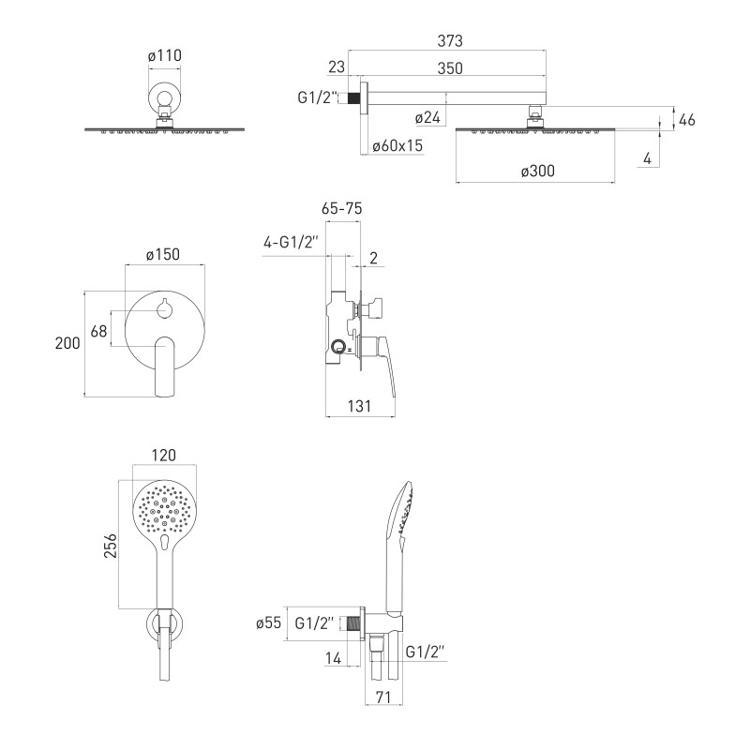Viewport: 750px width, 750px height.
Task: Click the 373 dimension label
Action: click(450, 41)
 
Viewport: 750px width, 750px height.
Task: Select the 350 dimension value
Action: click(450, 68)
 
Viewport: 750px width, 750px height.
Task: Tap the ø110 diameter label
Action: click(165, 55)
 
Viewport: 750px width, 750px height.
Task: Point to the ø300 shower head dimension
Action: click(538, 171)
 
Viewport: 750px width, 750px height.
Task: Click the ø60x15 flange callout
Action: click(397, 145)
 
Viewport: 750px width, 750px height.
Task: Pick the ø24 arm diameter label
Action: click(427, 118)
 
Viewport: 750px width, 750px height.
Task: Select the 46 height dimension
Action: click(687, 120)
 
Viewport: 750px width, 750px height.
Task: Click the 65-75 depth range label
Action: click(342, 208)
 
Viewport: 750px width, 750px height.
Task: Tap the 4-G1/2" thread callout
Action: click(291, 243)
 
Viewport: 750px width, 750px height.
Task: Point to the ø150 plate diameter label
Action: click(163, 254)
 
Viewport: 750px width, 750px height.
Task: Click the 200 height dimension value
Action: click(67, 343)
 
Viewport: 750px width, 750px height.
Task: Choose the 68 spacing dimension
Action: click(98, 331)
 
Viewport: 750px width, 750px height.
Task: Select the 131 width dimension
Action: click(359, 406)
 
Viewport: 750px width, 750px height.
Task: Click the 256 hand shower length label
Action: click(110, 546)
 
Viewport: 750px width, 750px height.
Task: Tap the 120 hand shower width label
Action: click(163, 455)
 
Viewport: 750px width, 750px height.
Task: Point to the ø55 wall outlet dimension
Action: click(268, 622)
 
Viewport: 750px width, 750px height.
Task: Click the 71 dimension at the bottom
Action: click(383, 697)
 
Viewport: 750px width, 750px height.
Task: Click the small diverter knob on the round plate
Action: click(165, 309)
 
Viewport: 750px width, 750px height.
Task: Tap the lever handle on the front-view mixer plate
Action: click(165, 365)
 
